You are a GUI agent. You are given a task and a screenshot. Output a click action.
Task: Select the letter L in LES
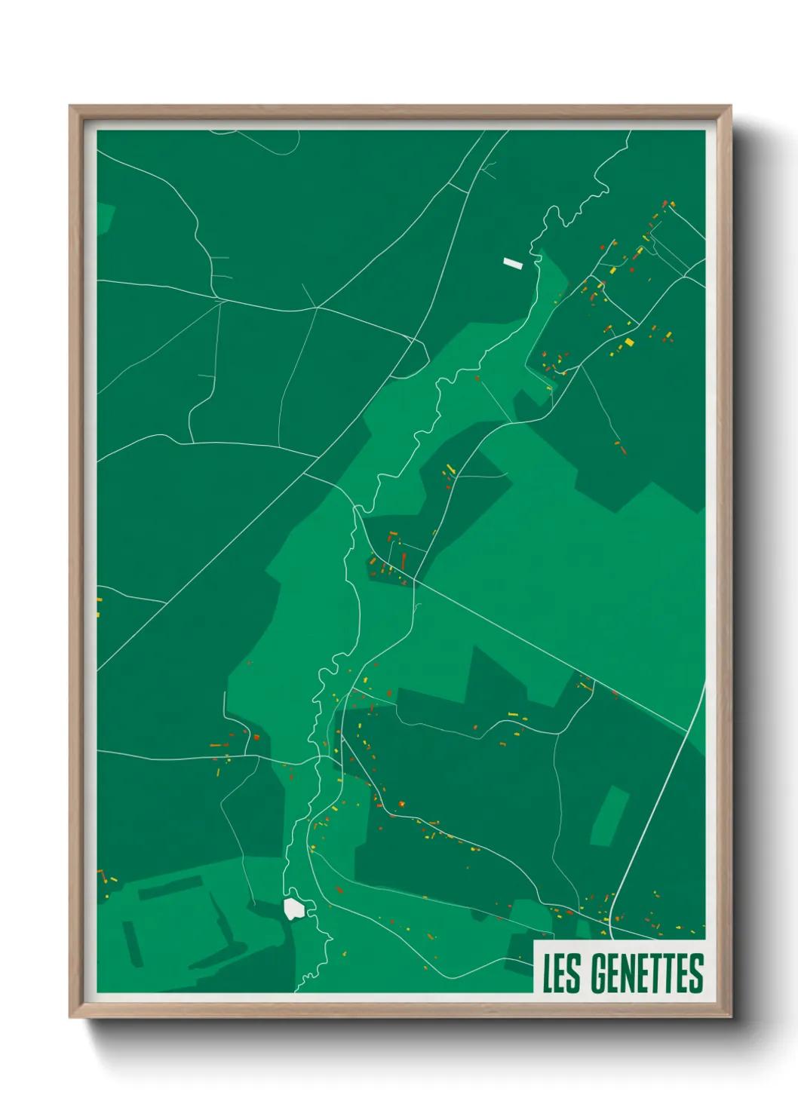pyautogui.click(x=548, y=973)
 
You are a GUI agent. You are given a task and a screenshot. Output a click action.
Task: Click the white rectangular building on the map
pyautogui.click(x=513, y=263)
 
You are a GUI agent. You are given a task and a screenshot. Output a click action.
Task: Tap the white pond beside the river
pyautogui.click(x=293, y=909)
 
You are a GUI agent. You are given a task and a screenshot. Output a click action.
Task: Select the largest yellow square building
pyautogui.click(x=629, y=342)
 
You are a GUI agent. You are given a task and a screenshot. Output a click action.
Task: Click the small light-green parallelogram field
pyautogui.click(x=609, y=816)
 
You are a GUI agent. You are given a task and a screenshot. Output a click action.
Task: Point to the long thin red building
pyautogui.click(x=404, y=561)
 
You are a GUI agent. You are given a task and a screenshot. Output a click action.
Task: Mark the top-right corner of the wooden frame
pyautogui.click(x=729, y=108)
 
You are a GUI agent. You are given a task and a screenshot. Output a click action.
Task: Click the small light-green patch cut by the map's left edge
pyautogui.click(x=105, y=217)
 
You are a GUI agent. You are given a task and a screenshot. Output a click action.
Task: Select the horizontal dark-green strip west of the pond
pyautogui.click(x=170, y=888)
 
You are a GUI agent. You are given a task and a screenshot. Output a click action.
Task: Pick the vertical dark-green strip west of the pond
pyautogui.click(x=133, y=943)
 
